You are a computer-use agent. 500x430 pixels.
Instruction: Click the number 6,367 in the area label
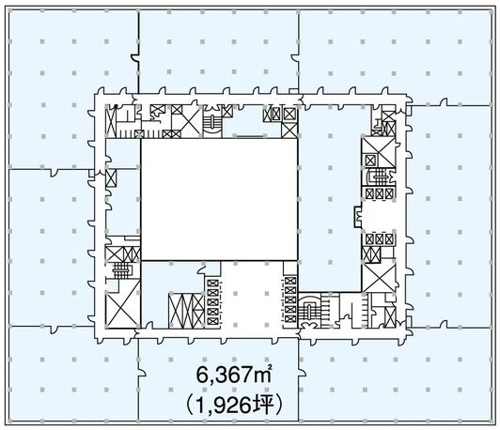tap(225, 376)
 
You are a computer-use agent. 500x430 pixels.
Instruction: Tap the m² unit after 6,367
tap(262, 375)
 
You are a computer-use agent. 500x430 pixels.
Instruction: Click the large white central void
tap(219, 199)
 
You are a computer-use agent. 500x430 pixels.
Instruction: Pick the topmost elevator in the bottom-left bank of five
tap(212, 284)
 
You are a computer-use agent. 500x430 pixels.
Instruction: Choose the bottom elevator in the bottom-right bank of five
tap(290, 319)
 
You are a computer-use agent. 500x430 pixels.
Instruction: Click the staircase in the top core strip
tap(211, 121)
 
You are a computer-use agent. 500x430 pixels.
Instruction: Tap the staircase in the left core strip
tap(122, 270)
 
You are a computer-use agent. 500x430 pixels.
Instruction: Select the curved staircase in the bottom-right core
tap(308, 310)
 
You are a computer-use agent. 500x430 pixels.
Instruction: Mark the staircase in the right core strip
tap(379, 177)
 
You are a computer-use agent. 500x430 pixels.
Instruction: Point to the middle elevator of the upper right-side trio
tap(380, 193)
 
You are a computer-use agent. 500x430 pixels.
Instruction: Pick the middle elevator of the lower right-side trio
tap(380, 238)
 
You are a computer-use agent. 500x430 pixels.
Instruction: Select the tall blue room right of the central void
tap(330, 199)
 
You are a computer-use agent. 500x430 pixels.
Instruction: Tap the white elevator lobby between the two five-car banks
tap(252, 295)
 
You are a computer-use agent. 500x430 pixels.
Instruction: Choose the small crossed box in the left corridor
tap(111, 177)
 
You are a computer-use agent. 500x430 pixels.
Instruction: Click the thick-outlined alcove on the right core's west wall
tap(358, 216)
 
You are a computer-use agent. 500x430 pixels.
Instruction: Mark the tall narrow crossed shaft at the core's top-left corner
tap(110, 122)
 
